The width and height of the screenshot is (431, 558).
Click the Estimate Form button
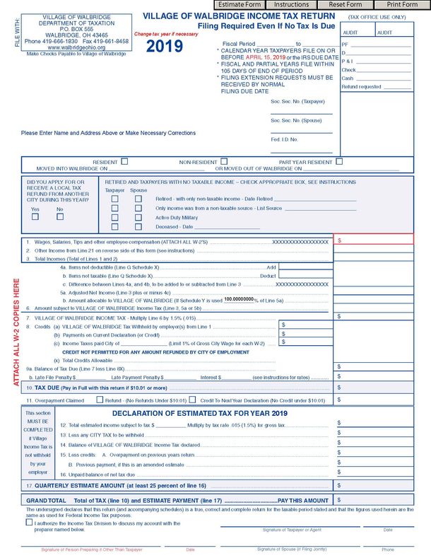241,5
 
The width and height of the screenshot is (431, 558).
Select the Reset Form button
346,5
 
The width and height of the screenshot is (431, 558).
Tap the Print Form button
401,5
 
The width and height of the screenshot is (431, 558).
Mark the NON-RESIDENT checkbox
223,162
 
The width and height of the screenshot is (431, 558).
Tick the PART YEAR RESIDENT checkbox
339,162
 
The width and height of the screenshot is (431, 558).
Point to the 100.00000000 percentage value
239,299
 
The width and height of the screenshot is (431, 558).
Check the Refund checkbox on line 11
100,400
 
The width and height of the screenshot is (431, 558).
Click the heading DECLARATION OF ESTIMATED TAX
199,413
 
